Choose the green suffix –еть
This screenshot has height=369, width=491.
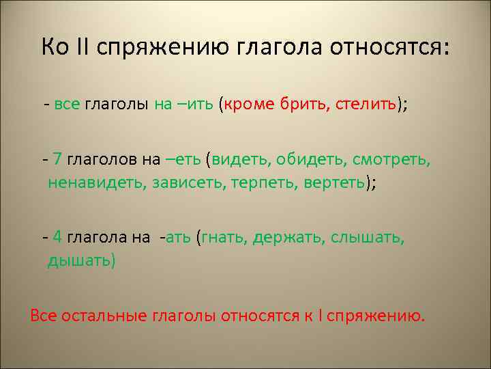182,159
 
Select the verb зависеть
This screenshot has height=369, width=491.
194,183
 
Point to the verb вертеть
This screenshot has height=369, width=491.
331,183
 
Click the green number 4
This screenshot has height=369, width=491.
57,237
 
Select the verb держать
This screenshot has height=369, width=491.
288,237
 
